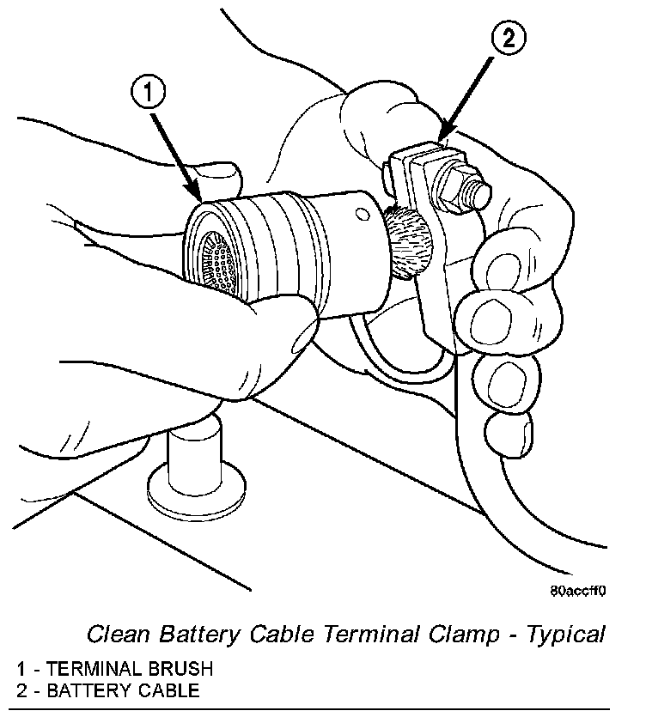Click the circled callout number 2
tap(508, 39)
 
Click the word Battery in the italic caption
tap(194, 635)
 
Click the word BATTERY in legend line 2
tap(84, 689)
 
